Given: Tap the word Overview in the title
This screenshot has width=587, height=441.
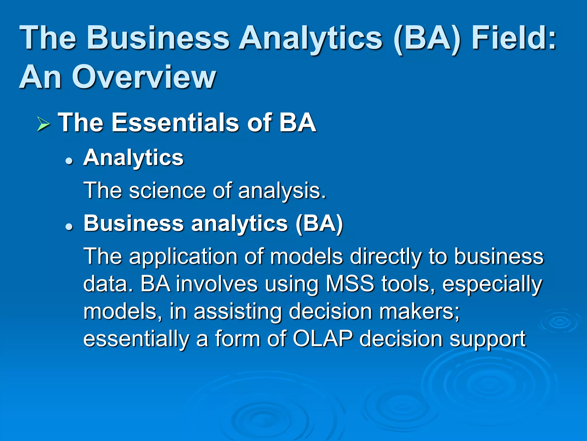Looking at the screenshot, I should point(144,77).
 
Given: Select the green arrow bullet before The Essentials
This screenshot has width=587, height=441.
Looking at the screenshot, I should point(43,125).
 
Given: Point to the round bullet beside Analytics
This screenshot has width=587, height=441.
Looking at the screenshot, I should point(69,161).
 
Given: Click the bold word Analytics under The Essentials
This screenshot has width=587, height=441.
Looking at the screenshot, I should point(133,158).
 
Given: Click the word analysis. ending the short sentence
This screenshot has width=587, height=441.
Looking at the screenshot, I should point(282,191).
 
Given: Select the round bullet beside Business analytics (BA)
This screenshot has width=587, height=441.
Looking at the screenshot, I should point(69,227).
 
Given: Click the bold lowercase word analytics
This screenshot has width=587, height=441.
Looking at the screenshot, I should point(239,224).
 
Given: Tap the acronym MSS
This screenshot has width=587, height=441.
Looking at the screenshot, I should point(350,284).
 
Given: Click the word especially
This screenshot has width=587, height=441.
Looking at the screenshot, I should point(492,285).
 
